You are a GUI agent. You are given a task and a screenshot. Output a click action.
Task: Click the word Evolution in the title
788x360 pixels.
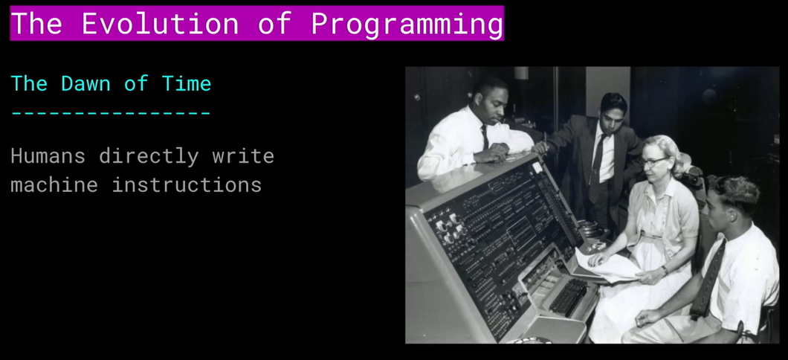(x=160, y=23)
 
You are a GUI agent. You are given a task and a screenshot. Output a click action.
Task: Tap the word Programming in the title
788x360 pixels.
(x=407, y=24)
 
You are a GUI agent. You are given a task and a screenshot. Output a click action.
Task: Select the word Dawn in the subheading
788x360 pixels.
(x=85, y=83)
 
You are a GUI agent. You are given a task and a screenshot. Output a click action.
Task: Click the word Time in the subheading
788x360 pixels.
(x=187, y=83)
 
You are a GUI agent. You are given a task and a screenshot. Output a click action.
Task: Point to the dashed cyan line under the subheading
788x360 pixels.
(x=111, y=113)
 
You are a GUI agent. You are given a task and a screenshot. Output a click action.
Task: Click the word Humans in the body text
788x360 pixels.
(x=48, y=156)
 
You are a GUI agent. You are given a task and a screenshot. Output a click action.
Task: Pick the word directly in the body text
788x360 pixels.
(x=149, y=157)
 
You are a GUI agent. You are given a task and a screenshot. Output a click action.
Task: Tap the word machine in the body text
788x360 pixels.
(x=54, y=184)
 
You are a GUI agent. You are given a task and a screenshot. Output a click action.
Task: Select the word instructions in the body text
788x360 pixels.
(x=187, y=184)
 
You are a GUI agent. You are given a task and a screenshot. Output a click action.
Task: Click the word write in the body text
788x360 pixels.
(x=243, y=156)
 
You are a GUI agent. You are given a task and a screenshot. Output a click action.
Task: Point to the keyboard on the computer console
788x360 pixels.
(x=569, y=297)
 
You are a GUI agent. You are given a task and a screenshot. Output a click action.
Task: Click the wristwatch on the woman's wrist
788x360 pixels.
(x=665, y=271)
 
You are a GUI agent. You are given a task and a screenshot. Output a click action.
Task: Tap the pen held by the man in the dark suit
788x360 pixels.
(x=545, y=141)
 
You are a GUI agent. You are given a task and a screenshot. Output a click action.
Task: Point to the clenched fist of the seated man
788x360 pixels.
(x=646, y=318)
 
